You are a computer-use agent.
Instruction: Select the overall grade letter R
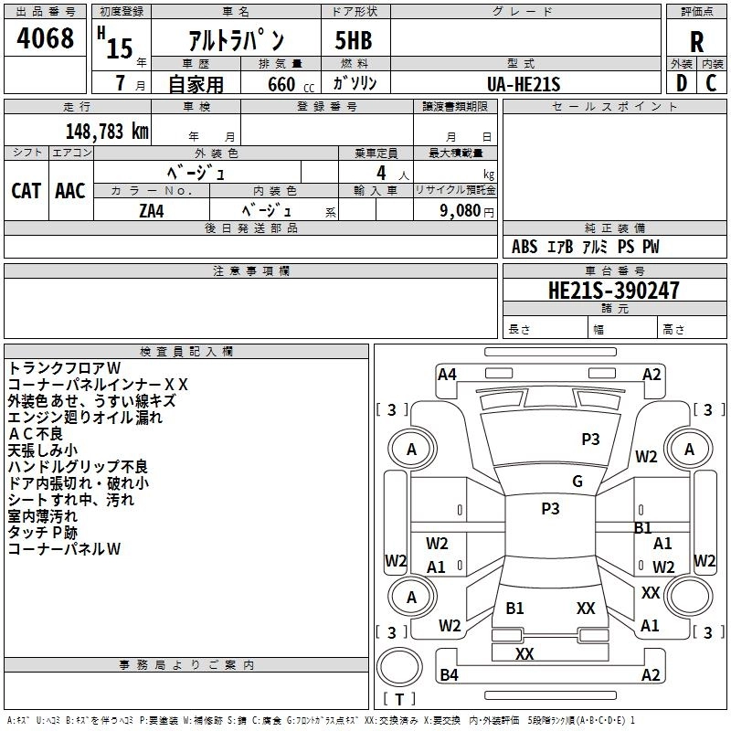coord(697,41)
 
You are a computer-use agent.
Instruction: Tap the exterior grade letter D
coord(681,82)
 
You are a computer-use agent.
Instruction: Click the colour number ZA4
coord(151,209)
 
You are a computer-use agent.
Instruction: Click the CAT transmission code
coord(26,190)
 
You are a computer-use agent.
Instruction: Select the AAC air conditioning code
coord(70,190)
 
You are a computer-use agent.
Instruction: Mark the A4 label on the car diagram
coord(447,374)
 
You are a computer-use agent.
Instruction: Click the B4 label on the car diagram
coord(449,675)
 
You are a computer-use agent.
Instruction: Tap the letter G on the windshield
coord(577,482)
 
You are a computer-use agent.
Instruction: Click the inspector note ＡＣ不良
coord(37,434)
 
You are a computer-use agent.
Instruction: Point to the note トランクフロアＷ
coord(70,368)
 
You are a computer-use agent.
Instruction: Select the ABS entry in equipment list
coord(524,247)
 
